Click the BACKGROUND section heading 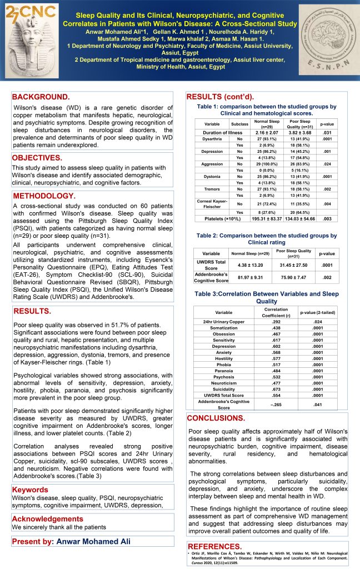pos(41,97)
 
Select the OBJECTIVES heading pos(37,158)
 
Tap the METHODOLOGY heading pos(45,196)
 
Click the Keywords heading pos(31,490)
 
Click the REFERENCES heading pos(214,546)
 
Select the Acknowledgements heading pos(47,519)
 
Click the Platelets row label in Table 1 pos(220,219)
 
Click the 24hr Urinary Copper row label pos(224,321)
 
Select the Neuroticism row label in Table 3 pos(224,383)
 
